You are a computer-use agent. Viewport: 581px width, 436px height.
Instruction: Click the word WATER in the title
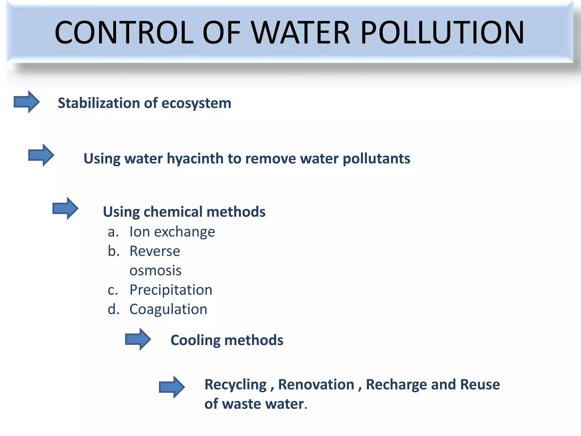click(301, 33)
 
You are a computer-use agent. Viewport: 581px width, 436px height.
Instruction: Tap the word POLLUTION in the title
click(443, 33)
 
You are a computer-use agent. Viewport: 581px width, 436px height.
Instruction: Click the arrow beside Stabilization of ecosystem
click(27, 102)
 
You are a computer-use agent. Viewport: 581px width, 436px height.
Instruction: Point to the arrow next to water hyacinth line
click(41, 155)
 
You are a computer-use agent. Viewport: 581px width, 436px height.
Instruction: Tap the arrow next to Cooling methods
click(138, 339)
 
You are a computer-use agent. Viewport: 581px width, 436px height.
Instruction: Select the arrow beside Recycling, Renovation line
click(172, 387)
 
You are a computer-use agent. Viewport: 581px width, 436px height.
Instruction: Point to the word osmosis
click(155, 271)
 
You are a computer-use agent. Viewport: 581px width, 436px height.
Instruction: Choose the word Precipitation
click(171, 290)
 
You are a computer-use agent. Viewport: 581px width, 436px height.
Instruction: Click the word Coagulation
click(168, 309)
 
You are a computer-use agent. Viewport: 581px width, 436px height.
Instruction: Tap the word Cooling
click(195, 340)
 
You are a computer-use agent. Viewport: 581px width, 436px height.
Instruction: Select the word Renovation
click(316, 385)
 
